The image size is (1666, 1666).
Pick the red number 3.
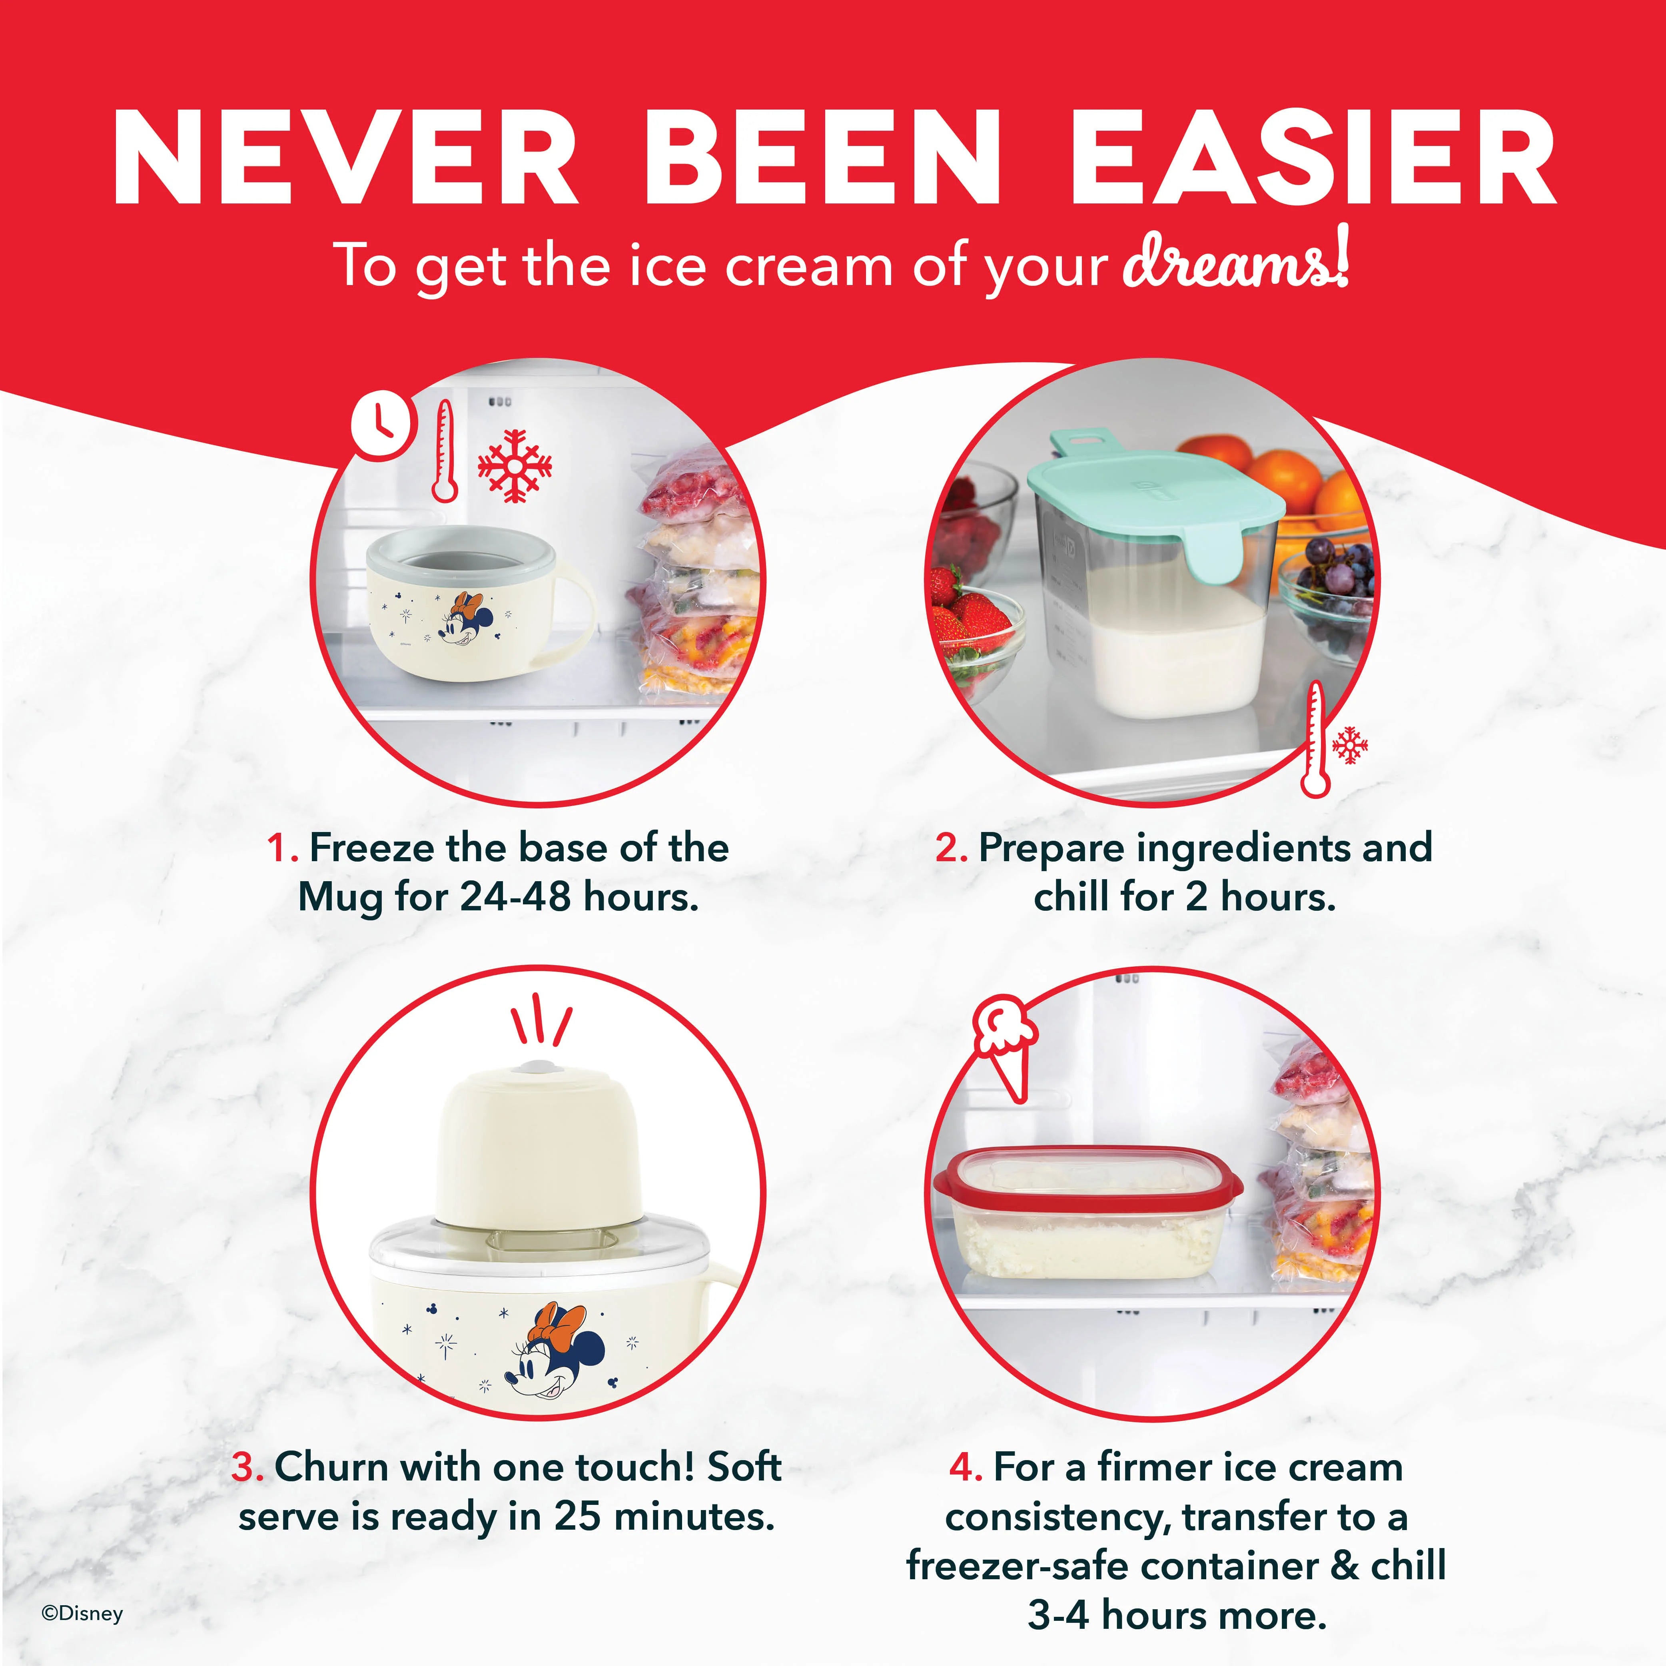pyautogui.click(x=247, y=1467)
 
